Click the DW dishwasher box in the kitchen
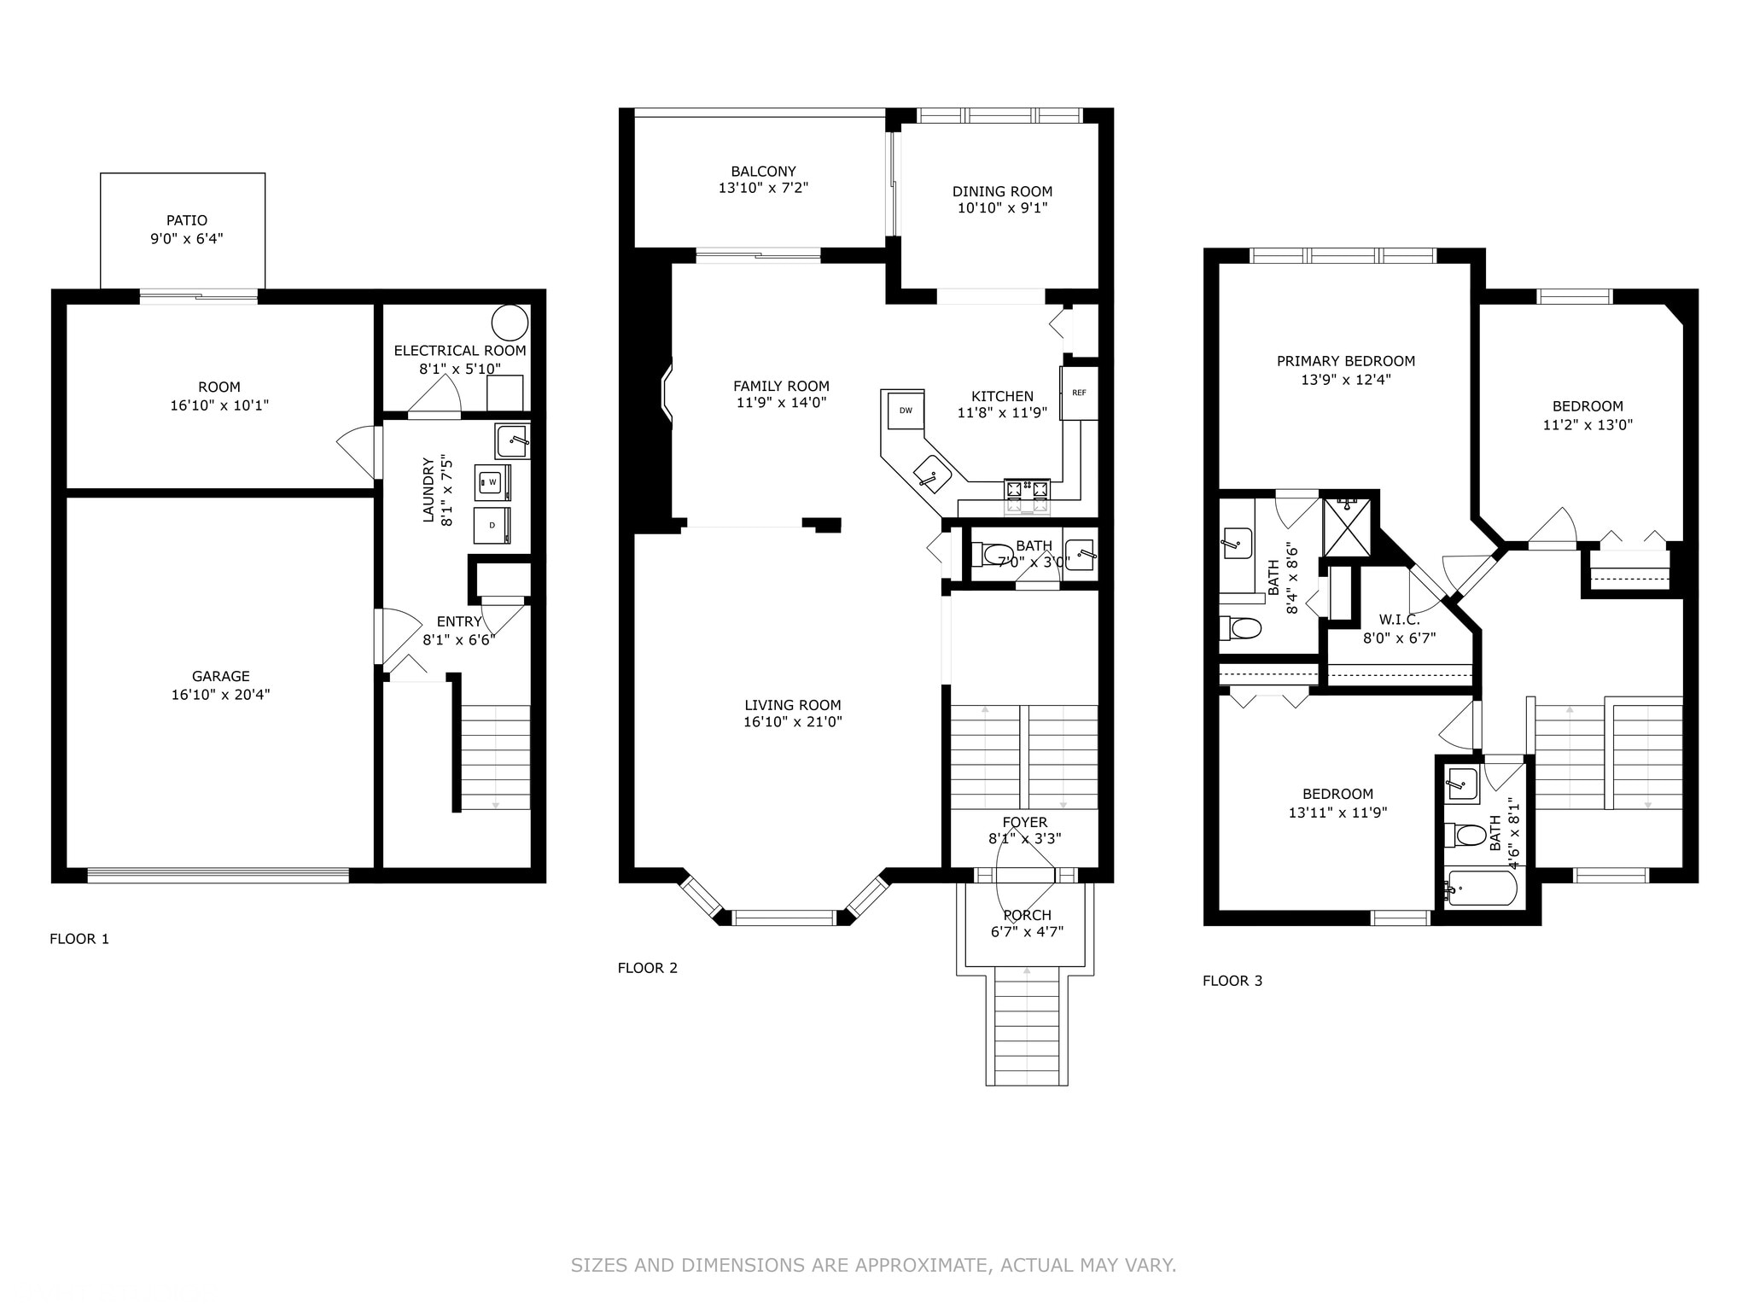click(x=906, y=411)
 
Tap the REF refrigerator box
click(x=1079, y=393)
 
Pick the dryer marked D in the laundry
click(x=492, y=525)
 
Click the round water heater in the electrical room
click(x=510, y=323)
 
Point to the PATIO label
click(x=187, y=220)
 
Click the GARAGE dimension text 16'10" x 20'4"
click(x=220, y=695)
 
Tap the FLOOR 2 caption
click(x=647, y=968)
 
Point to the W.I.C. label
click(x=1399, y=619)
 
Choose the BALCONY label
click(x=763, y=172)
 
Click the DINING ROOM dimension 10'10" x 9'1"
click(x=1002, y=207)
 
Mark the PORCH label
click(x=1027, y=915)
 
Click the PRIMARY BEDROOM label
click(x=1345, y=361)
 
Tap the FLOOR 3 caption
click(x=1232, y=981)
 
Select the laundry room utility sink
click(x=512, y=441)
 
